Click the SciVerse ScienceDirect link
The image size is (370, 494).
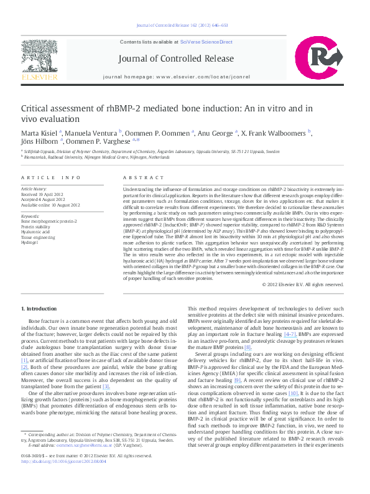point(206,42)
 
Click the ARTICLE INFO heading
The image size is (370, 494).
point(50,178)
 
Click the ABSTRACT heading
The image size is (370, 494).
point(140,178)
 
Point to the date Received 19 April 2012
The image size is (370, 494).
point(44,195)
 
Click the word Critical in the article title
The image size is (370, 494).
point(37,108)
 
